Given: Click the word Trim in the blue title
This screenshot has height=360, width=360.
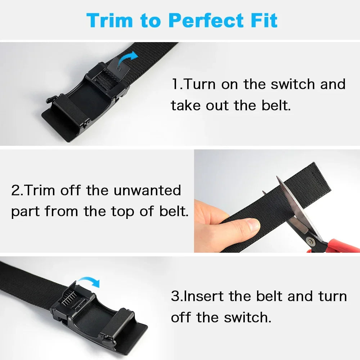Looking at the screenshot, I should click(109, 20).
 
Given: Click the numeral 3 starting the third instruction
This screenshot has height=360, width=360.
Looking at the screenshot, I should click(176, 296).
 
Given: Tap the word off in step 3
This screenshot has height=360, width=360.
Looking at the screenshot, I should click(181, 318).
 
